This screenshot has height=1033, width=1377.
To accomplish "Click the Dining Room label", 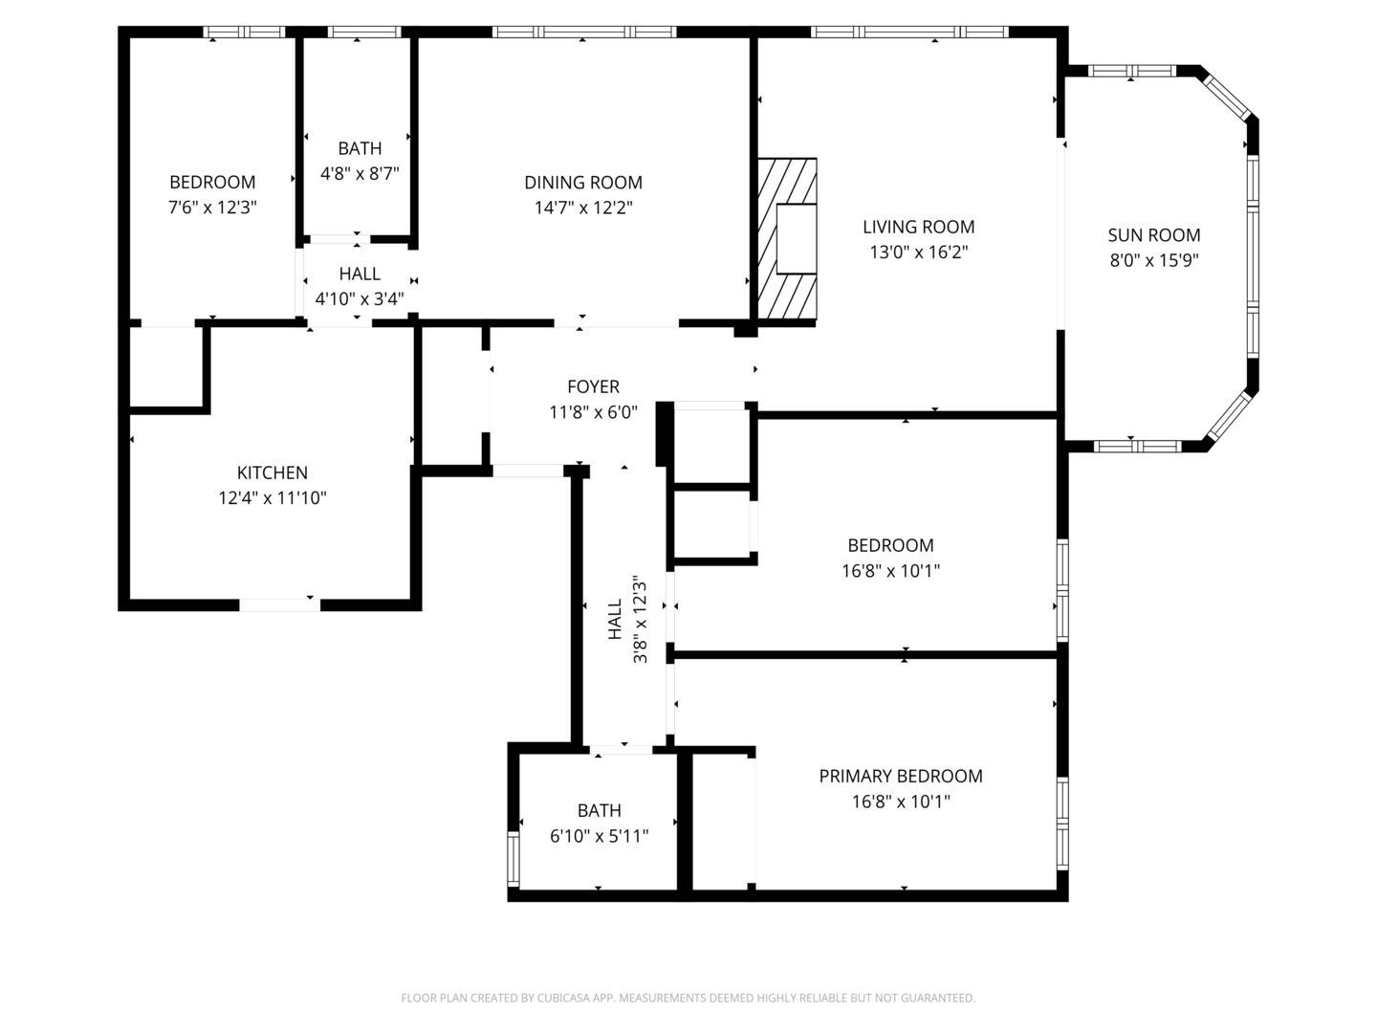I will coord(582,183).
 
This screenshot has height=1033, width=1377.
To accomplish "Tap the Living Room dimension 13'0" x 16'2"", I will coord(918,253).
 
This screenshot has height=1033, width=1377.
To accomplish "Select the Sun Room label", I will coord(1153,235).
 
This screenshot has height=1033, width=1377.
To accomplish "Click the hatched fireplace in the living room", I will coord(787,239).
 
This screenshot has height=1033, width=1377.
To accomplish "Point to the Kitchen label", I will coord(272,473).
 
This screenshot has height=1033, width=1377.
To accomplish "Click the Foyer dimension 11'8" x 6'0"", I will coord(593,412).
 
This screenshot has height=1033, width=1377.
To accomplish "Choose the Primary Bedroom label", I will coord(900,776).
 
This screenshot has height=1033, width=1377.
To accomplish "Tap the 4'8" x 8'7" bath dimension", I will coord(359,174).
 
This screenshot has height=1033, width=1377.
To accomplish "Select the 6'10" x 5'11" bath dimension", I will coord(599,836).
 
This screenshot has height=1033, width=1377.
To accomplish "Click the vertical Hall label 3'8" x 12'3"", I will coord(627,619).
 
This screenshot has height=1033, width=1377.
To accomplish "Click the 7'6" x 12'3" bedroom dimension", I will coord(212,207).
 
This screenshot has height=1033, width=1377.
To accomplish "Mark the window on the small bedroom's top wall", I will coord(246,33).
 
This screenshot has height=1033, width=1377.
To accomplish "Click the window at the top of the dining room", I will coord(583,33).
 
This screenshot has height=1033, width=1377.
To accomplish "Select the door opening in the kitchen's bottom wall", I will coord(278,604).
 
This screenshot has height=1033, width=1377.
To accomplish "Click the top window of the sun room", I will coord(1132,71).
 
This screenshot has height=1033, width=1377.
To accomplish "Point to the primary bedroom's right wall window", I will coord(1061,824).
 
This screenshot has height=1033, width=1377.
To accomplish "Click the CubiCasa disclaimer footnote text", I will coord(688,998).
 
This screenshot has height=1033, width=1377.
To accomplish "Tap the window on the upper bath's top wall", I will coord(363,33).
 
